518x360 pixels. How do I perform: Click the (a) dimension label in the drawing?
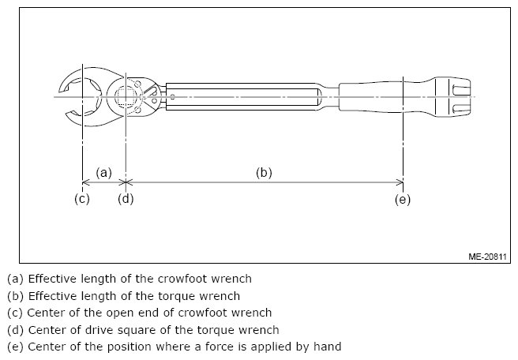click(104, 171)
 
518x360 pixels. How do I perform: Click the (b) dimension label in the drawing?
click(264, 171)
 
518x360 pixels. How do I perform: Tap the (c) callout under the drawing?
click(82, 199)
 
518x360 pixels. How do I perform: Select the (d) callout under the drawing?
click(126, 199)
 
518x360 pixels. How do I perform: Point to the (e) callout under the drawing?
click(403, 199)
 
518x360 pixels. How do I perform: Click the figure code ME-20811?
click(487, 257)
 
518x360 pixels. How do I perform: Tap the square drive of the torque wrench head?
click(126, 97)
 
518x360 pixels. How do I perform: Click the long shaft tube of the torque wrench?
click(241, 96)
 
